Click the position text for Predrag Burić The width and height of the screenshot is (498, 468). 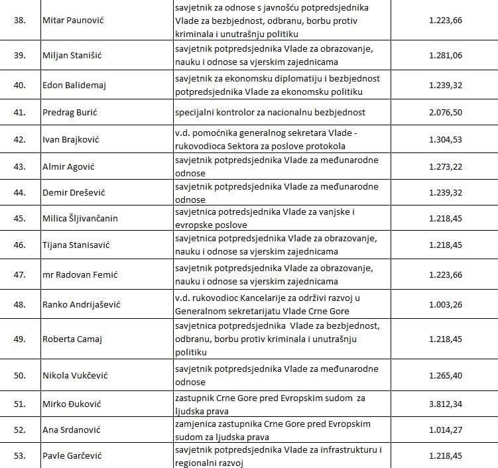click(x=270, y=112)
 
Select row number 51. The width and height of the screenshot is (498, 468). click(x=20, y=403)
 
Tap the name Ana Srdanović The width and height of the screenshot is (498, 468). click(x=71, y=430)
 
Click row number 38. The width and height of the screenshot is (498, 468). click(x=20, y=20)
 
